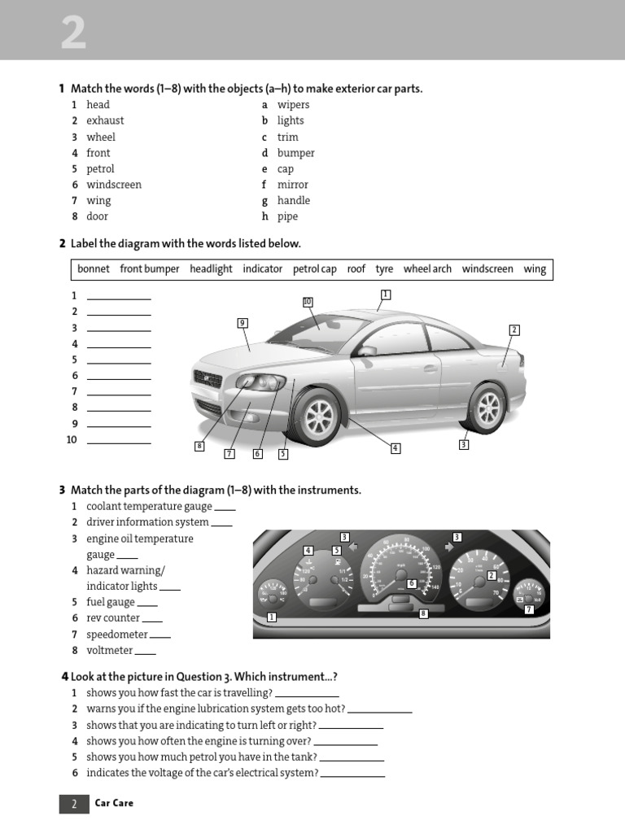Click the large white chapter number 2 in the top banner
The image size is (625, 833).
pyautogui.click(x=73, y=34)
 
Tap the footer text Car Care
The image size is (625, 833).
pyautogui.click(x=114, y=803)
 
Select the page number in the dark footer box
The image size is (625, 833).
pyautogui.click(x=73, y=804)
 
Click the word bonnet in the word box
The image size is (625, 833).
pyautogui.click(x=94, y=269)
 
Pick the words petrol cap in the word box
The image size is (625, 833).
pyautogui.click(x=314, y=269)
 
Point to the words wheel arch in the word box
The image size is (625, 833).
pyautogui.click(x=427, y=269)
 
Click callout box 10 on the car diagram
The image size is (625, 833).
pyautogui.click(x=308, y=302)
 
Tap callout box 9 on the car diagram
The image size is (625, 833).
pyautogui.click(x=243, y=323)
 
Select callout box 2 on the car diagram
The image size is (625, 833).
pyautogui.click(x=514, y=329)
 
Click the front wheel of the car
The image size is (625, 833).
pyautogui.click(x=317, y=416)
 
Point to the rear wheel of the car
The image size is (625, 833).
pyautogui.click(x=487, y=408)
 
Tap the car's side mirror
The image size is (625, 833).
pyautogui.click(x=367, y=351)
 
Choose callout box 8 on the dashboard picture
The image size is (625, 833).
pyautogui.click(x=423, y=613)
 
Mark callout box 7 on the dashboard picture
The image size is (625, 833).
pyautogui.click(x=529, y=608)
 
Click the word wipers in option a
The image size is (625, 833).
pyautogui.click(x=293, y=105)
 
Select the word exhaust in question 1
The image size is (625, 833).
pyautogui.click(x=105, y=120)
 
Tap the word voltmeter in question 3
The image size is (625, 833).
pyautogui.click(x=109, y=650)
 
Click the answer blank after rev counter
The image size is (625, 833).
pyautogui.click(x=152, y=619)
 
